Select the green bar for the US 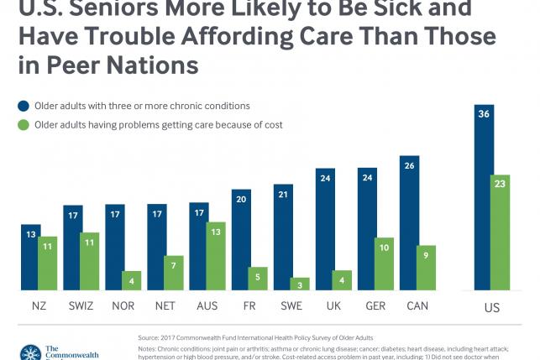[x=501, y=235]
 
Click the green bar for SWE [x=301, y=284]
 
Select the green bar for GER [x=385, y=265]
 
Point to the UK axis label [x=333, y=305]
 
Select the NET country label [x=165, y=305]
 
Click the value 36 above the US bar [x=483, y=113]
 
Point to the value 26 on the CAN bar [x=409, y=164]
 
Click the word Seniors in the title [x=110, y=10]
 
